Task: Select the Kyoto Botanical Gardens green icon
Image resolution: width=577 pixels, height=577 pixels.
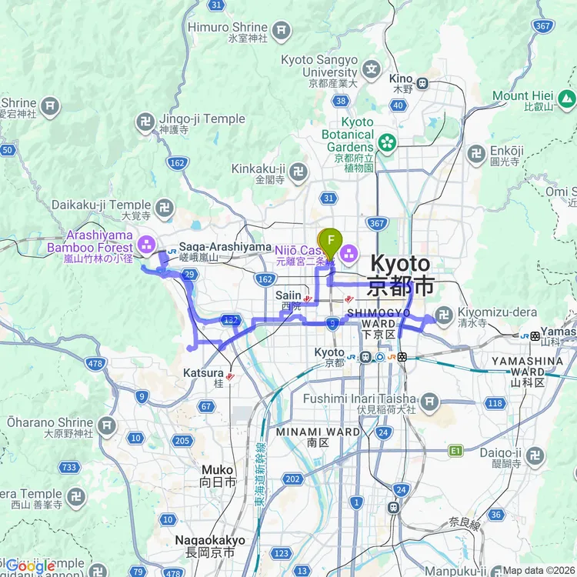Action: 386,142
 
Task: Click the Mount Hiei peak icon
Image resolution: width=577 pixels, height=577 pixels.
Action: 567,98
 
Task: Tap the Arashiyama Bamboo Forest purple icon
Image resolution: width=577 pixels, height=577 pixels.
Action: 146,246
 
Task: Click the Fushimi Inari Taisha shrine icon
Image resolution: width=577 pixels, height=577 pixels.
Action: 429,399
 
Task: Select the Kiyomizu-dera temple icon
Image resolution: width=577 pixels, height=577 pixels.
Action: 443,314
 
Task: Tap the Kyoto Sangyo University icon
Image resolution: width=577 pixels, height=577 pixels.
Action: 372,69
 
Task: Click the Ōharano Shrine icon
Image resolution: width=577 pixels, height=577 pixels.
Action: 106,425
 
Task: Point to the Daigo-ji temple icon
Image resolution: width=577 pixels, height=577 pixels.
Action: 535,455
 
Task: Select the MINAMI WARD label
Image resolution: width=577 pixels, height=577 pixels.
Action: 322,432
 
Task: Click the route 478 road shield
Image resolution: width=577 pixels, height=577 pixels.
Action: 95,364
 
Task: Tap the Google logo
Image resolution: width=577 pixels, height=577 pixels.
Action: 31,566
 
